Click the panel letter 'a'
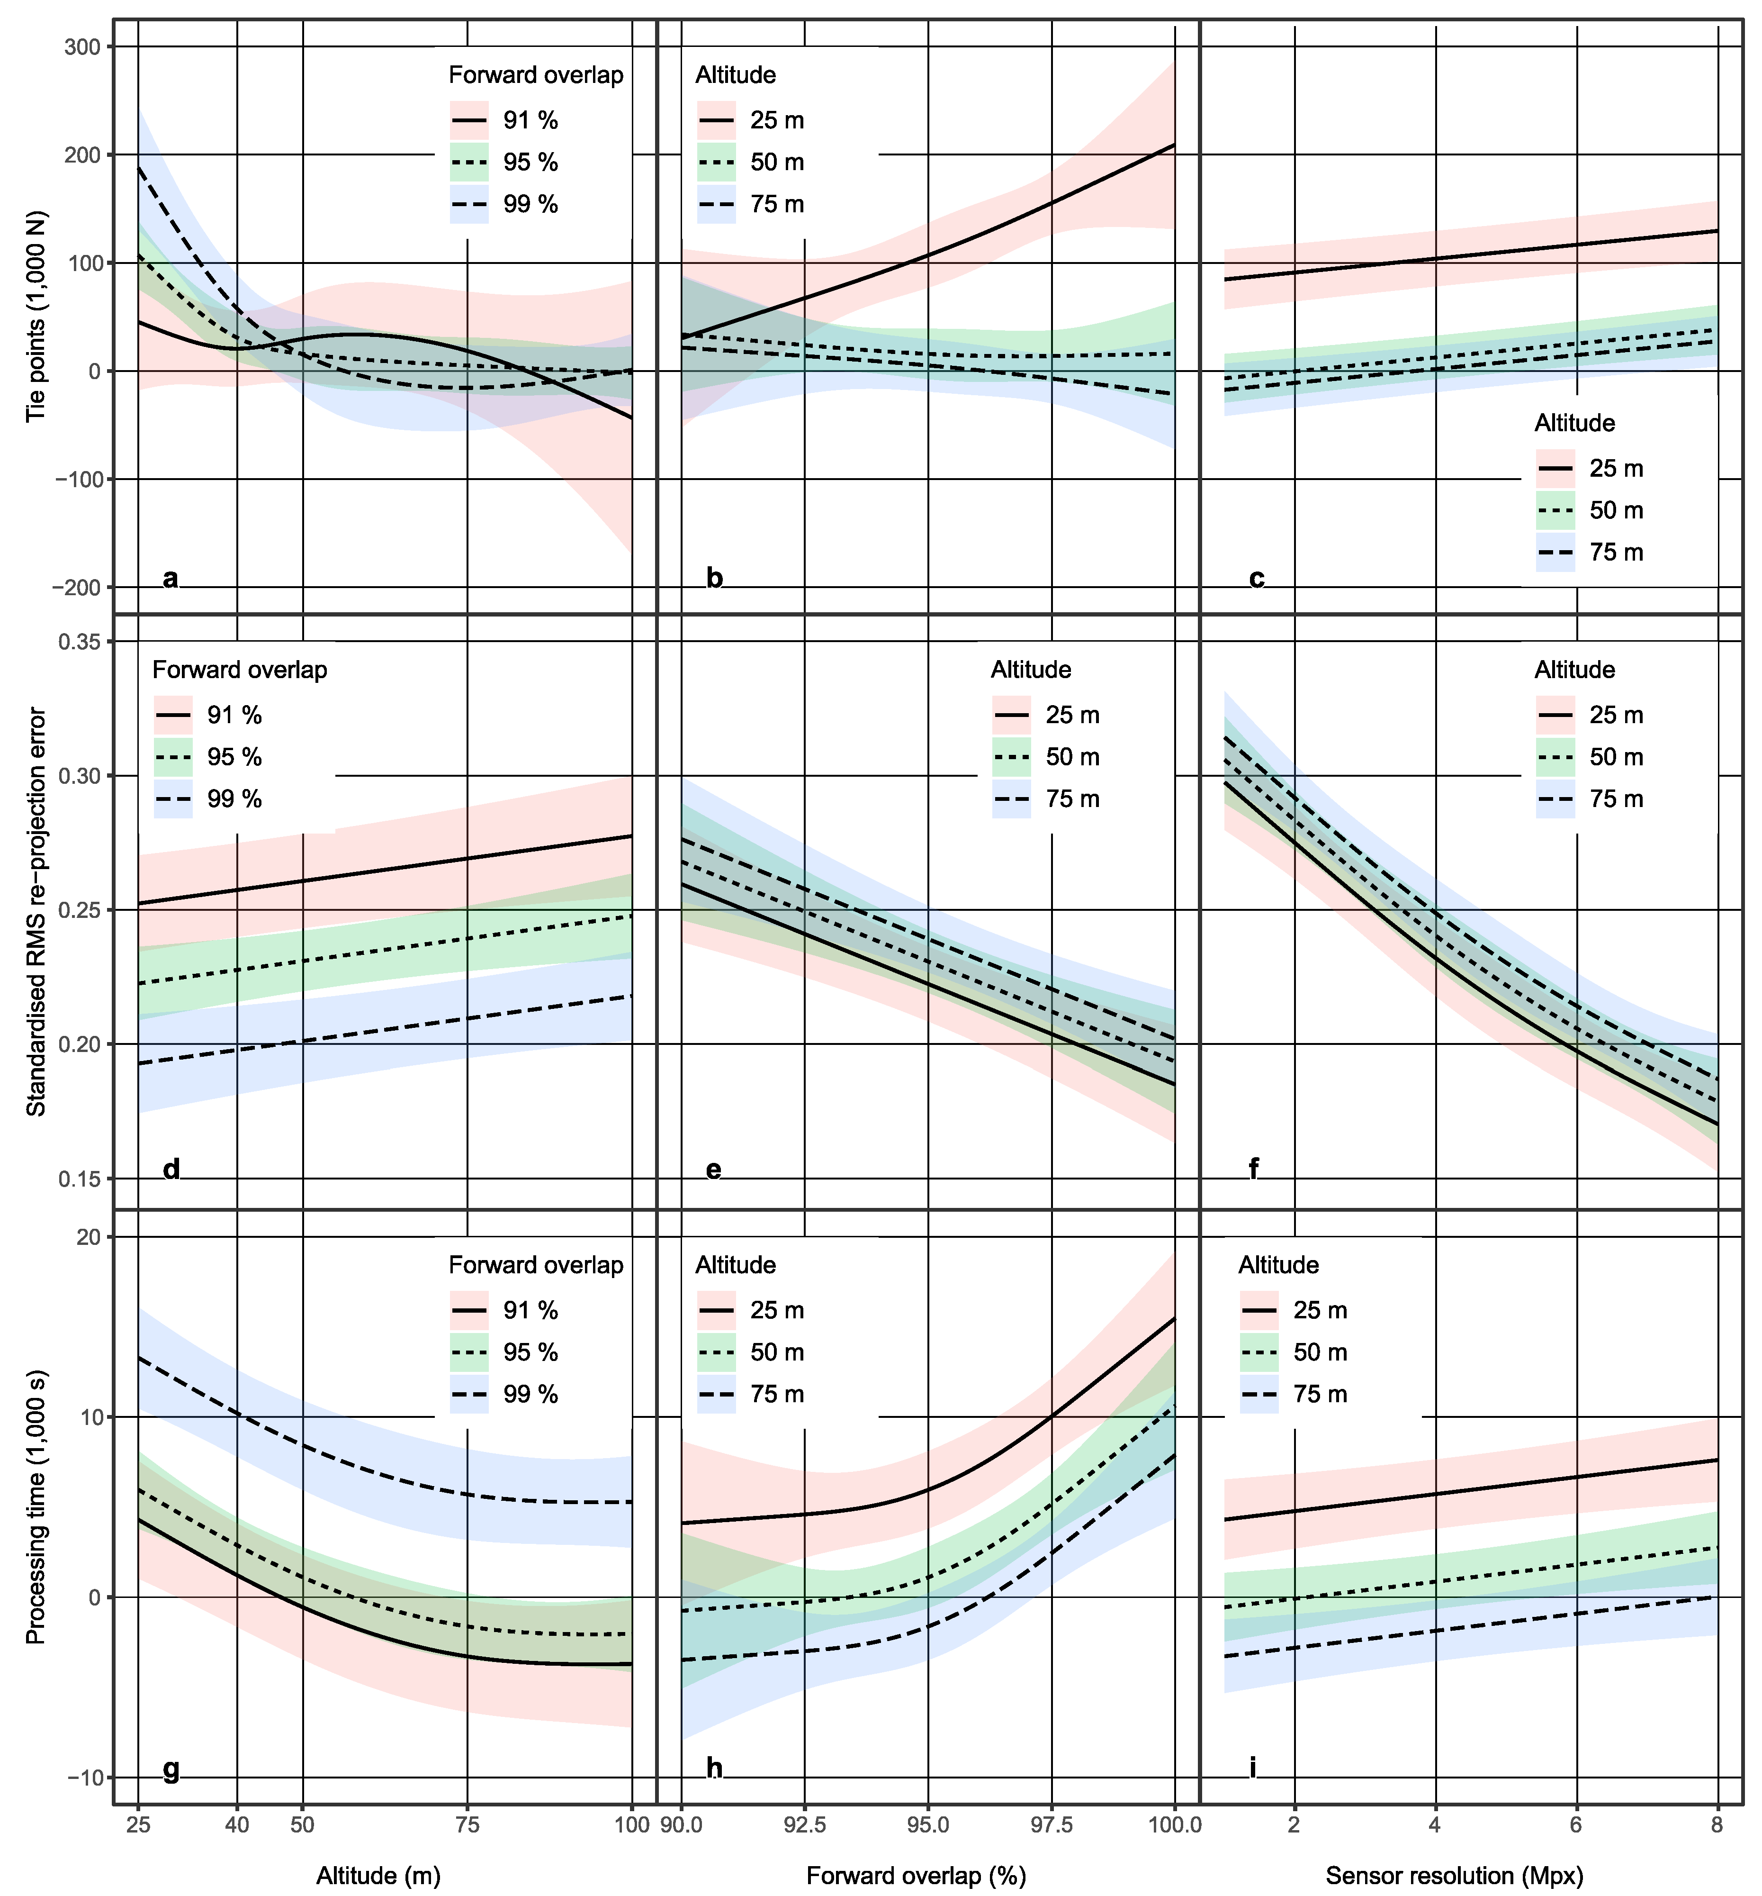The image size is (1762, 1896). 171,578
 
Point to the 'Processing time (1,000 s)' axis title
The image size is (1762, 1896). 36,1507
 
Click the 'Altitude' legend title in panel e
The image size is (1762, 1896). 1031,670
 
